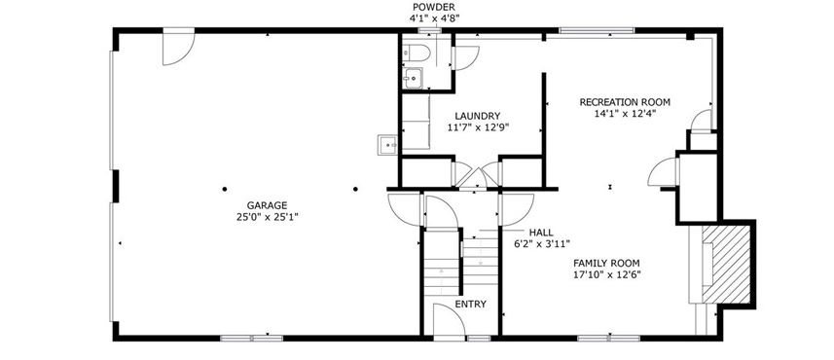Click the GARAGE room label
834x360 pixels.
coord(267,205)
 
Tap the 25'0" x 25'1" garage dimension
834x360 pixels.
coord(267,217)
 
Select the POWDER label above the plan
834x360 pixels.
coord(434,7)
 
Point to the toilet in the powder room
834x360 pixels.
coord(417,54)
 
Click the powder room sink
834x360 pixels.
coord(413,78)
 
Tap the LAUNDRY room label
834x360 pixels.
coord(478,116)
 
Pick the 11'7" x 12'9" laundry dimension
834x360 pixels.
coord(478,127)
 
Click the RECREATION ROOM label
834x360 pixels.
coord(625,102)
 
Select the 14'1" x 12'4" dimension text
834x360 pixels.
coord(625,113)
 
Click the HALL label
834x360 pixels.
coord(541,233)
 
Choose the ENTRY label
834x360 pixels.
coord(471,305)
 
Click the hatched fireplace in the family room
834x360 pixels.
coord(726,265)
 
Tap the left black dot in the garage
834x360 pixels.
coord(225,189)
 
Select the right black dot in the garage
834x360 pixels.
coord(355,189)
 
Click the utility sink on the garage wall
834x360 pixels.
coord(387,145)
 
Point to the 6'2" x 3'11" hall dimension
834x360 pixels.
coord(542,244)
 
